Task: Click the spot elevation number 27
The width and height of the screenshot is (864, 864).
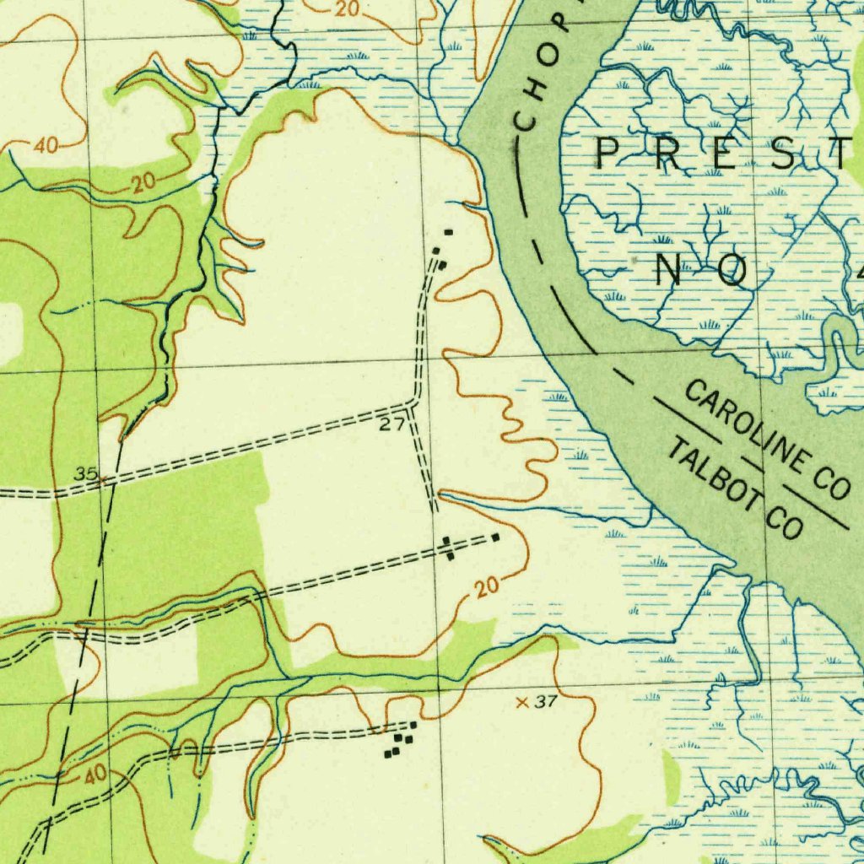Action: pos(391,425)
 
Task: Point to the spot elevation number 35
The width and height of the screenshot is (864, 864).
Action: pos(85,474)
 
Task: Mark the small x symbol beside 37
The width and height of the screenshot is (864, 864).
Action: pos(521,702)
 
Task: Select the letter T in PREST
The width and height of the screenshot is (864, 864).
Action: pos(844,154)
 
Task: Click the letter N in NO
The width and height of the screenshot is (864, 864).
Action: pos(671,271)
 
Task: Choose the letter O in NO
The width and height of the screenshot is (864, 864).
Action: pos(732,271)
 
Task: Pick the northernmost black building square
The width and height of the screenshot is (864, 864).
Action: pos(448,231)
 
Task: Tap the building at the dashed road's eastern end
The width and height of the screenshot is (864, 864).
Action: pos(495,537)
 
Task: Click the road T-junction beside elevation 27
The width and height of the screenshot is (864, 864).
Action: pos(413,405)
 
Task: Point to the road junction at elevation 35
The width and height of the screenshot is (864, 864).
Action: pos(105,482)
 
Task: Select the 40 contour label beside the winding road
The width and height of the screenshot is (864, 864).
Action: pos(94,772)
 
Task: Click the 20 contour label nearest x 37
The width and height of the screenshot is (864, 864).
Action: pos(485,589)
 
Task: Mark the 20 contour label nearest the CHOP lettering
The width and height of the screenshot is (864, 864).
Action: pos(346,10)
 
